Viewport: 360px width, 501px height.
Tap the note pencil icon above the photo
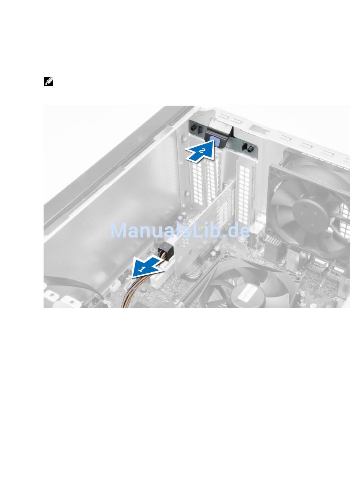click(49, 82)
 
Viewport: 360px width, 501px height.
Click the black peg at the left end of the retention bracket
click(193, 128)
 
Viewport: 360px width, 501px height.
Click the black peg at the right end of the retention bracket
click(250, 148)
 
